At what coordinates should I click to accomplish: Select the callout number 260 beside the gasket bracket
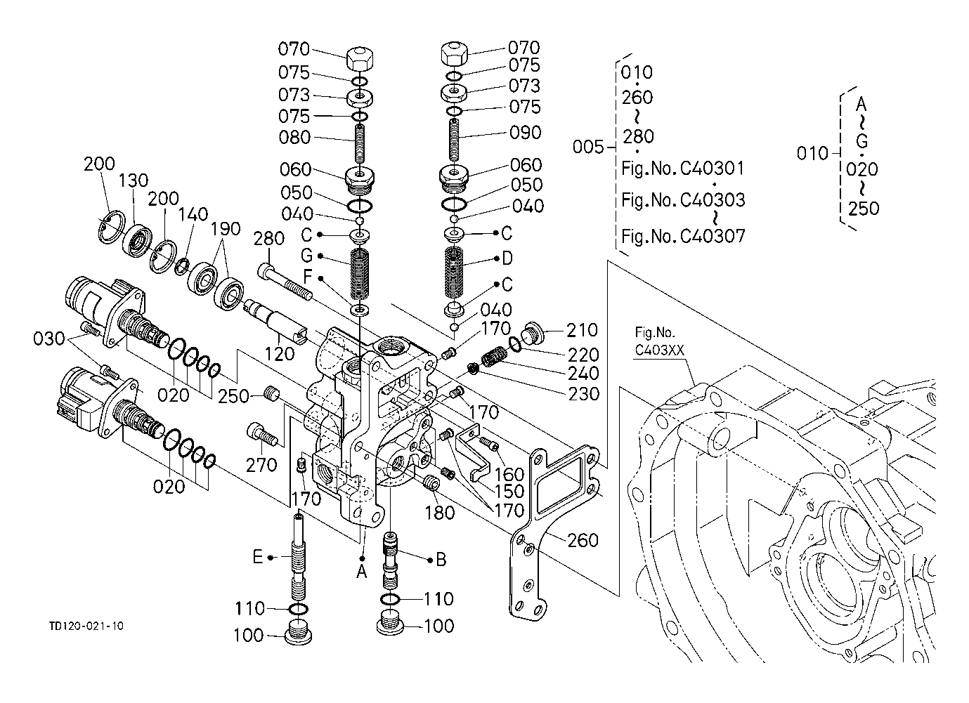(583, 540)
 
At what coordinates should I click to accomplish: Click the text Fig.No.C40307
(683, 235)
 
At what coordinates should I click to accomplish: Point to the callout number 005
(588, 147)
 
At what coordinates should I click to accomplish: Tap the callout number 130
(134, 182)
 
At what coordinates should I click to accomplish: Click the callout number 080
(294, 138)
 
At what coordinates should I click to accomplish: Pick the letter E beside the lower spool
(258, 558)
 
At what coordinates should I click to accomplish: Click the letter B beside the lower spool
(441, 559)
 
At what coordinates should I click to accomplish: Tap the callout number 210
(582, 330)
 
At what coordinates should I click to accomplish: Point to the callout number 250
(233, 396)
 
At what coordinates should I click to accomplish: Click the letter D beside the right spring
(507, 258)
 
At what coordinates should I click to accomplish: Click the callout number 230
(584, 394)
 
